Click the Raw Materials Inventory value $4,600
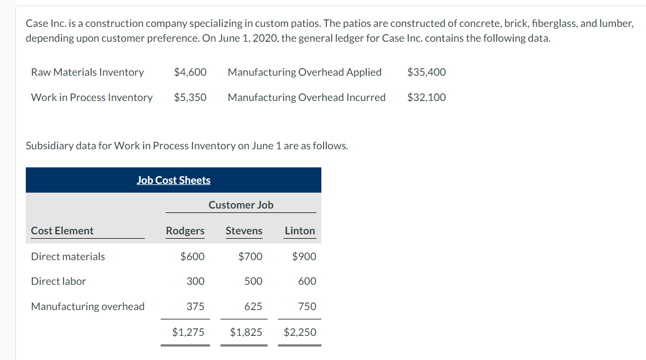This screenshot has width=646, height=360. (190, 72)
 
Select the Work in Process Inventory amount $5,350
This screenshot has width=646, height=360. (190, 97)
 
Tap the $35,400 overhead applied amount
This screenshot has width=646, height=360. (427, 72)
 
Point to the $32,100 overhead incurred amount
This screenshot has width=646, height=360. (427, 97)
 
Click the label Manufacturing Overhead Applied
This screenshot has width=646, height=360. (304, 72)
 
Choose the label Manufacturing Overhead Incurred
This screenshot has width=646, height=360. (307, 97)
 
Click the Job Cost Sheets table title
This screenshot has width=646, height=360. (173, 180)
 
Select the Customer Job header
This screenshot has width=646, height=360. (241, 205)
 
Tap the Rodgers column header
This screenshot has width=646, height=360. (185, 230)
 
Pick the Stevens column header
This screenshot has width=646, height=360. (244, 230)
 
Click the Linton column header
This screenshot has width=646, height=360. (300, 230)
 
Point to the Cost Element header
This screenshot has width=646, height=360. (62, 230)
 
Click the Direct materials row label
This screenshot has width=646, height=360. (68, 256)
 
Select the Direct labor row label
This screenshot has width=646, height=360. (59, 281)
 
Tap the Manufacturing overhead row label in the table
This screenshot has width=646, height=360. (88, 306)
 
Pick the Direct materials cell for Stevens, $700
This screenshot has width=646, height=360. (251, 256)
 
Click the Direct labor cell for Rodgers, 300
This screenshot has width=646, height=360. (195, 281)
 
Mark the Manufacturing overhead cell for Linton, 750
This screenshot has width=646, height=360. (307, 306)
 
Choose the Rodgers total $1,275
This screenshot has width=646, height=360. (188, 332)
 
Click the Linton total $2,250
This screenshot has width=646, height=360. (300, 332)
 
